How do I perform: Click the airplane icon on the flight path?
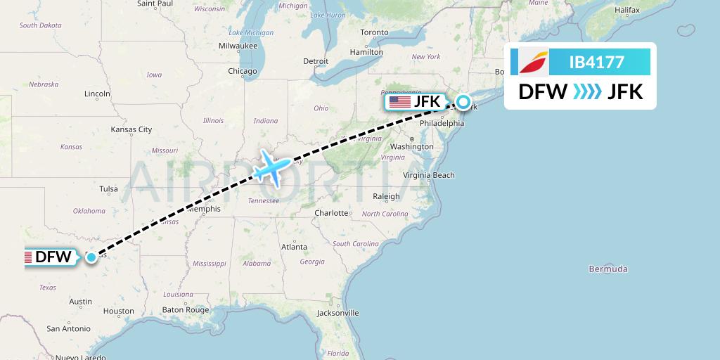pyautogui.click(x=270, y=167)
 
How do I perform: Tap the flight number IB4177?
pyautogui.click(x=596, y=62)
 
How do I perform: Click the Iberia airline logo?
pyautogui.click(x=534, y=62)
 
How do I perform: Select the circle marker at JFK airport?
pyautogui.click(x=464, y=102)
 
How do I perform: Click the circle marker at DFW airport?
pyautogui.click(x=92, y=257)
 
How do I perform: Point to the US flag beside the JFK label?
pyautogui.click(x=399, y=102)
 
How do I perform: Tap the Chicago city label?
pyautogui.click(x=242, y=71)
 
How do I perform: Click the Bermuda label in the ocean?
pyautogui.click(x=608, y=269)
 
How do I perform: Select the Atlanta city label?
pyautogui.click(x=294, y=247)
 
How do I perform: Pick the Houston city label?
pyautogui.click(x=118, y=311)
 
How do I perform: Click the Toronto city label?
pyautogui.click(x=374, y=32)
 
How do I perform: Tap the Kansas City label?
pyautogui.click(x=131, y=129)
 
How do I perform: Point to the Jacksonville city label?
pyautogui.click(x=338, y=313)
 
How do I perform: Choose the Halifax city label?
pyautogui.click(x=626, y=10)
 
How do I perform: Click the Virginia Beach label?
pyautogui.click(x=429, y=175)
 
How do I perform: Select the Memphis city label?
pyautogui.click(x=204, y=209)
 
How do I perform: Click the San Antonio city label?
pyautogui.click(x=68, y=328)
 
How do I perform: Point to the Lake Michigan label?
pyautogui.click(x=251, y=32)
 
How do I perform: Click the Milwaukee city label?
pyautogui.click(x=238, y=46)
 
